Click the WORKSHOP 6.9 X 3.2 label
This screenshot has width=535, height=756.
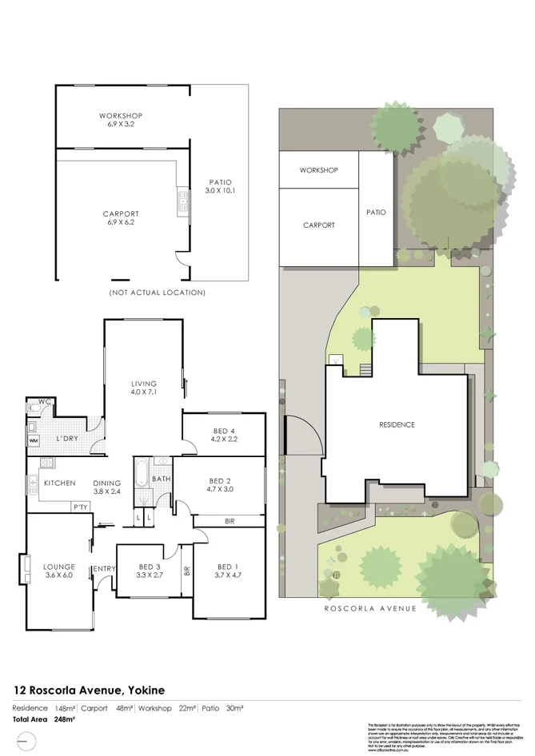coord(120,121)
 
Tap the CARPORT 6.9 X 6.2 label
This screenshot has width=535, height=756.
coord(121,218)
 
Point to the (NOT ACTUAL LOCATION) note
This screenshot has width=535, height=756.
coord(157,293)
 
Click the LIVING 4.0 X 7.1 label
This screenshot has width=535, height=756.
coord(144,388)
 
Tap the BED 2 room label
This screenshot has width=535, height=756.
coord(218,484)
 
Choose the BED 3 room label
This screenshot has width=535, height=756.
coord(150,570)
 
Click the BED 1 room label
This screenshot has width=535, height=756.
coord(228,570)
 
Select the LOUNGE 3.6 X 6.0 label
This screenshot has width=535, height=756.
coord(59,570)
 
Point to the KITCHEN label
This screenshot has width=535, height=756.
coord(60,483)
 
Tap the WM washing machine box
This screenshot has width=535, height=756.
coord(34,440)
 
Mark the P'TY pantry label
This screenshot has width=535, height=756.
coord(80,507)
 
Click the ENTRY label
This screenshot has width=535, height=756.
coord(105,568)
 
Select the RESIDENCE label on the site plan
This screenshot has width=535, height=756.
coord(397,424)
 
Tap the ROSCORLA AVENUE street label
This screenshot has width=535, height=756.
coord(370,608)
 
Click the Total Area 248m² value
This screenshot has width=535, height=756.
coord(63,719)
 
